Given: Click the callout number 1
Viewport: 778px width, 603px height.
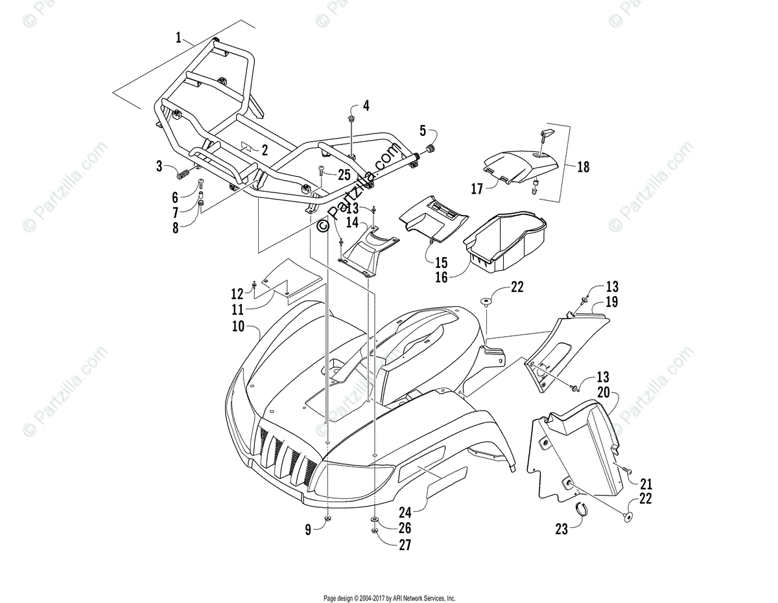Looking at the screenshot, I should coord(178,38).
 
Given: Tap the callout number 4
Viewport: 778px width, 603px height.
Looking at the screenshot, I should coord(366,106).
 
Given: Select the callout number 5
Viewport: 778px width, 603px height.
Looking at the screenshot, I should coord(423,130).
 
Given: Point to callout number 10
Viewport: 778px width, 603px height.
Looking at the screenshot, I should coord(239,326).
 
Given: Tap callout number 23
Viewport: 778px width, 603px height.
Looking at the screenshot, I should coord(561,529).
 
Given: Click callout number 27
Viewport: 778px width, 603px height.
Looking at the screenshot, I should coord(405,545).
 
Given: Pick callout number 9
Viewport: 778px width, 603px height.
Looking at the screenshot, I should coord(309,529).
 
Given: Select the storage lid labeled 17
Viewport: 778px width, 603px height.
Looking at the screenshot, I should coord(519,165).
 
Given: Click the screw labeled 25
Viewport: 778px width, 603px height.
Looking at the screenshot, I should coord(322,171).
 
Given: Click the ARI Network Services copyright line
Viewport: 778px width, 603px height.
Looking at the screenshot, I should coord(389,598).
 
